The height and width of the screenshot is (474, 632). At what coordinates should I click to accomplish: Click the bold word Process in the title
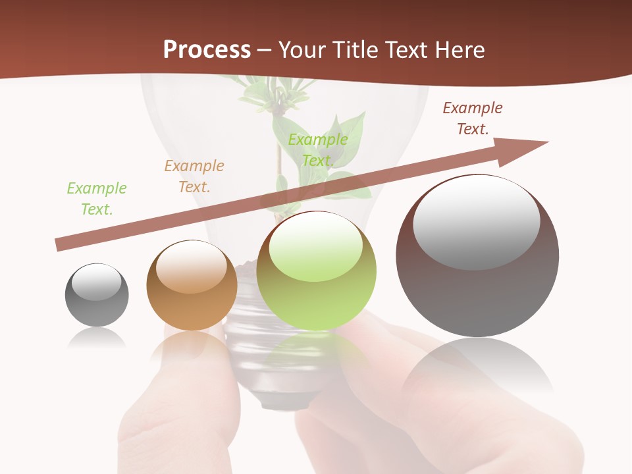click(207, 50)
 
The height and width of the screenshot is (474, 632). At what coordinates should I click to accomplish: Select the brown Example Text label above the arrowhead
click(473, 118)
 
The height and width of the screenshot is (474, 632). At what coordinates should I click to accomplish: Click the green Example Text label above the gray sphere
click(97, 198)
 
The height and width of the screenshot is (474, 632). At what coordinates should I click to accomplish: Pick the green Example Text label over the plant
click(318, 150)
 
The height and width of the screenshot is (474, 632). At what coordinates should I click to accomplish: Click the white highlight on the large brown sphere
click(477, 221)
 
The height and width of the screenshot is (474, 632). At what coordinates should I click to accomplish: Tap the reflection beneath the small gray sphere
click(97, 339)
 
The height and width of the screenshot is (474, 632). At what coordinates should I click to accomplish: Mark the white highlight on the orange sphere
click(192, 267)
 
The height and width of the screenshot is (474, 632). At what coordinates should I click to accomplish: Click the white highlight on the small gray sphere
click(97, 282)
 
